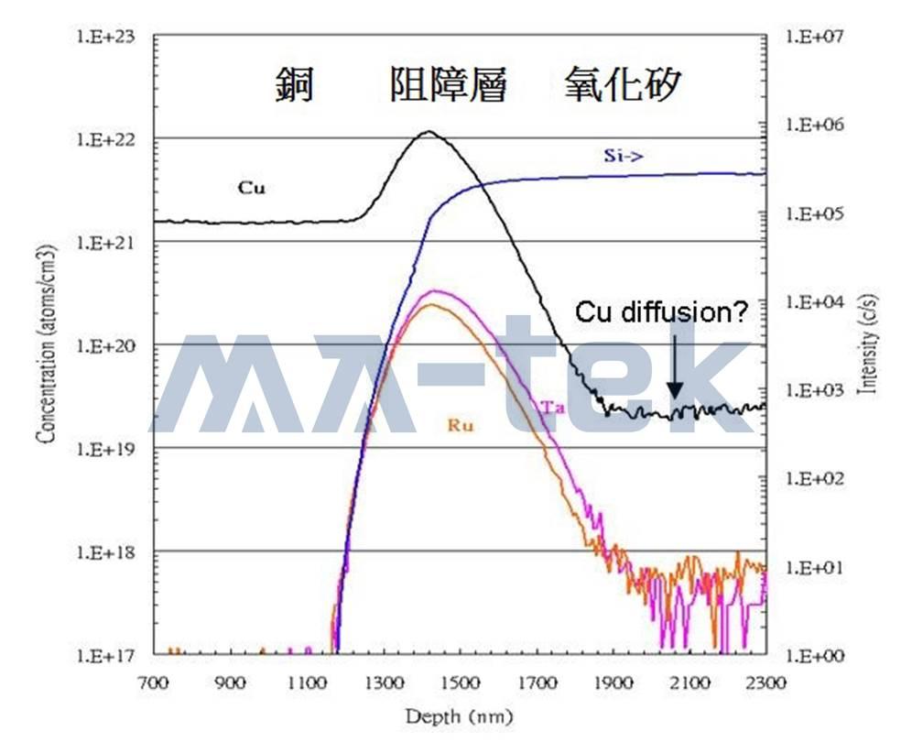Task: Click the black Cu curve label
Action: (252, 188)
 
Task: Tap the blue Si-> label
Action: (624, 155)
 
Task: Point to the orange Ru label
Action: (461, 425)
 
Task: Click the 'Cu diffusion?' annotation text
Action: (662, 312)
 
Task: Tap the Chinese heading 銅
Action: (294, 84)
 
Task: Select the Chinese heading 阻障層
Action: (448, 84)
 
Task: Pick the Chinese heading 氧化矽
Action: (623, 84)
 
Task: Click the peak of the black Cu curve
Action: (429, 132)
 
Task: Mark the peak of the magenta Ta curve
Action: (434, 291)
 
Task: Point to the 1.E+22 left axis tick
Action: (105, 139)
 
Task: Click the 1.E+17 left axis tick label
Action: (105, 655)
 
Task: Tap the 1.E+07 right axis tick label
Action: (815, 37)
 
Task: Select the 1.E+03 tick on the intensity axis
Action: (815, 391)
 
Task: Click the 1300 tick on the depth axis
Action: (384, 682)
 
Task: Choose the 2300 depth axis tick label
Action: (766, 682)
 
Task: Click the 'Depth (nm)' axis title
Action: (459, 716)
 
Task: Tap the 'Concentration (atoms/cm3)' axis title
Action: (47, 344)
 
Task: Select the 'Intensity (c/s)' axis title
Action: (868, 344)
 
